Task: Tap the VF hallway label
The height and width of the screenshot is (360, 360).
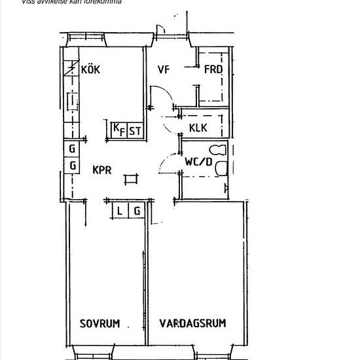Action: (x=164, y=69)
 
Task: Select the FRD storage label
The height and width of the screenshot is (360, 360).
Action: (x=213, y=70)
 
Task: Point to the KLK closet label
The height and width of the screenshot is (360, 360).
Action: (x=198, y=128)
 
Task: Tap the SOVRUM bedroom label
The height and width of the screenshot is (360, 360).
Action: (x=100, y=323)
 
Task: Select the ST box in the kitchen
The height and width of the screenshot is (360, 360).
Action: (x=135, y=131)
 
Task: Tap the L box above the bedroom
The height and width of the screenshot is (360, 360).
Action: (x=120, y=210)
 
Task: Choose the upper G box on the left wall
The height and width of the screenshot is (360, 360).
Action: (x=71, y=149)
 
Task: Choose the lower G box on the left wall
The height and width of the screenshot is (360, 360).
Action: (x=71, y=165)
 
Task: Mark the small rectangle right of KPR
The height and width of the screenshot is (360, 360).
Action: (x=130, y=177)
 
